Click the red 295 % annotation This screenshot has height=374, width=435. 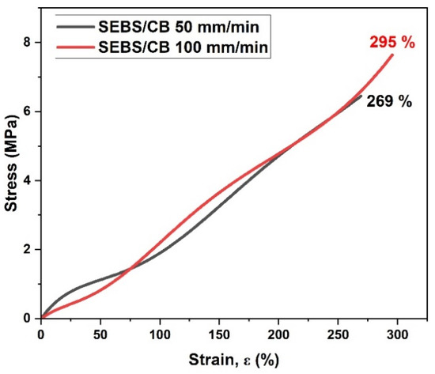[391, 43]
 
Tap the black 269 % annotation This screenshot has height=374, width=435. [389, 102]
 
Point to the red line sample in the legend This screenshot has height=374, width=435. [75, 48]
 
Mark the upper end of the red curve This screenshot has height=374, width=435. [392, 55]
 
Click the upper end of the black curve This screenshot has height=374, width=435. [361, 96]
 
